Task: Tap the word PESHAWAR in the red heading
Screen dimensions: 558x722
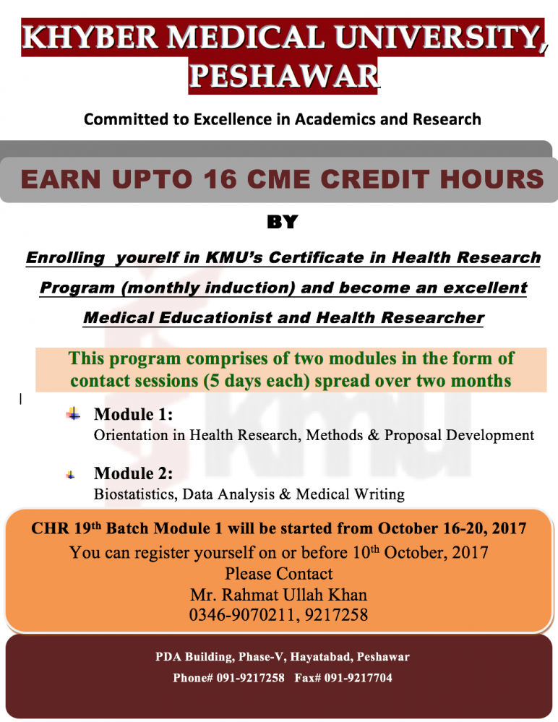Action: (x=284, y=76)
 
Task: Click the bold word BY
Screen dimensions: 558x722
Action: (x=282, y=222)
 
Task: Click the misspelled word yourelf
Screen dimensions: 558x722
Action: (x=147, y=257)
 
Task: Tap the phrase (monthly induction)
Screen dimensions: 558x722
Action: (x=208, y=288)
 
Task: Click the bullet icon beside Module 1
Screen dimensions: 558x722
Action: (x=73, y=414)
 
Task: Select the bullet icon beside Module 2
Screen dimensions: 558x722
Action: (x=70, y=475)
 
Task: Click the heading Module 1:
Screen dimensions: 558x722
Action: (x=134, y=414)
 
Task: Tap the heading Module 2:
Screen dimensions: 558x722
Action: (x=134, y=473)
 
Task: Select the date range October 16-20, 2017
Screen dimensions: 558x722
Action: (x=452, y=528)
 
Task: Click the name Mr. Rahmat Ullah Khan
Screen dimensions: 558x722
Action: (x=278, y=595)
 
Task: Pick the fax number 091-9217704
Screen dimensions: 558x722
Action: (x=359, y=678)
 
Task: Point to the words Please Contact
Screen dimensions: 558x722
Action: (x=278, y=574)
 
